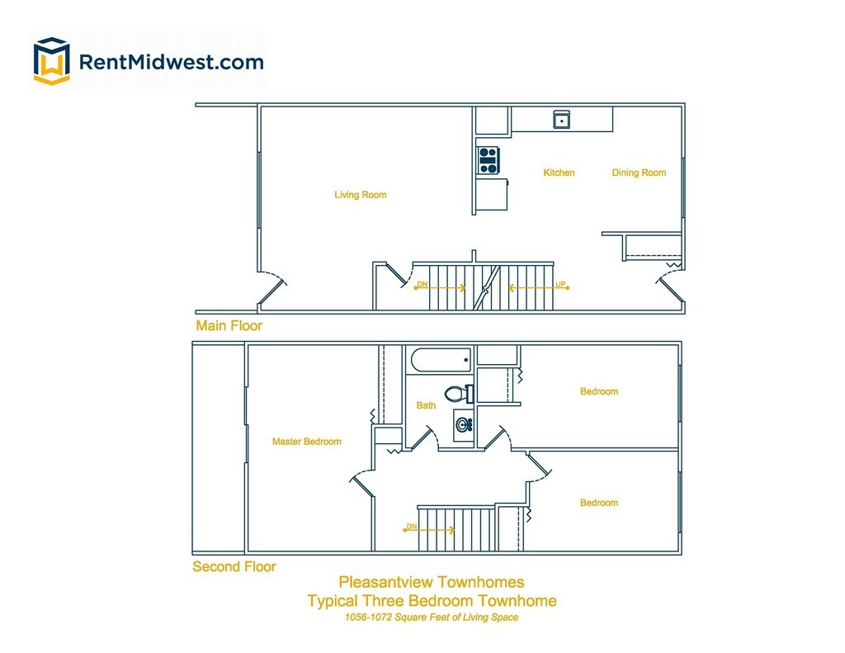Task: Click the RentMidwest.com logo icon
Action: coord(52,61)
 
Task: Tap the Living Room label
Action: coord(361,195)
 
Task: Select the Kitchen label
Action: coord(559,173)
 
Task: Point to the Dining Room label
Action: coord(640,173)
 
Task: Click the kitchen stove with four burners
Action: coord(489,161)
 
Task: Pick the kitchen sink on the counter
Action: coord(562,120)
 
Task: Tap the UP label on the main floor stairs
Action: coord(560,284)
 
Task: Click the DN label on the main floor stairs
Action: coord(422,284)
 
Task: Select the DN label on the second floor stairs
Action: coord(411,527)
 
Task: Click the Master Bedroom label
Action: coord(307,442)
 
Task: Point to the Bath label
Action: coord(426,405)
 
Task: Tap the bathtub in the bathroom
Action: coord(441,360)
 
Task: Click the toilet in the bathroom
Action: coord(459,394)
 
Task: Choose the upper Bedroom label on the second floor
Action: coord(599,391)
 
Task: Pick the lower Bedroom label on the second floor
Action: coord(599,503)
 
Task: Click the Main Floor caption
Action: coord(229,326)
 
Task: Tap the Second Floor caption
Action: coord(234,566)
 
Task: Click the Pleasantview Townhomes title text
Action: coord(431,582)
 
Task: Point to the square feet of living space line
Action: coord(432,618)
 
